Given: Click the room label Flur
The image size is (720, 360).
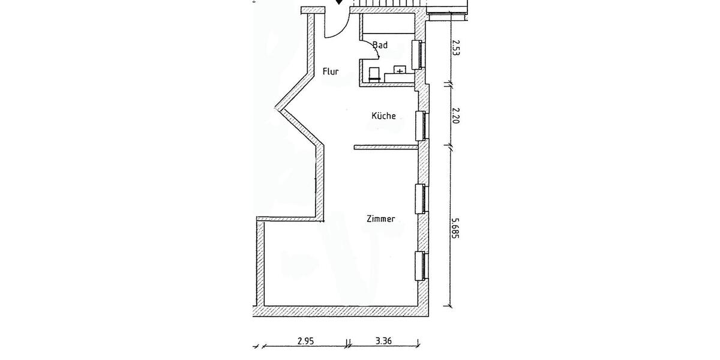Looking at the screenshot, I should pyautogui.click(x=331, y=71).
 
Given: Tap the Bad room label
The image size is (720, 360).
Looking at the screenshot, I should pyautogui.click(x=380, y=45).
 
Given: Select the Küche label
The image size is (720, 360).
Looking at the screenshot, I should pyautogui.click(x=383, y=116).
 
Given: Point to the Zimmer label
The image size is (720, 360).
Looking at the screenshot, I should pyautogui.click(x=381, y=219).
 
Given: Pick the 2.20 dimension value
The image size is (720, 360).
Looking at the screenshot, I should pyautogui.click(x=455, y=115).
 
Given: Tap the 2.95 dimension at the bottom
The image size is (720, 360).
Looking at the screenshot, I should pyautogui.click(x=305, y=341).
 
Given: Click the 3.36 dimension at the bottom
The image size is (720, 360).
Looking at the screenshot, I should pyautogui.click(x=383, y=341).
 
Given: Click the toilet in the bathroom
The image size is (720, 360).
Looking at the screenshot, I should pyautogui.click(x=374, y=74).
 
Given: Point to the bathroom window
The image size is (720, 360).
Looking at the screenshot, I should pyautogui.click(x=417, y=55).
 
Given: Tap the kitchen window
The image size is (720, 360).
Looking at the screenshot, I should pyautogui.click(x=421, y=125).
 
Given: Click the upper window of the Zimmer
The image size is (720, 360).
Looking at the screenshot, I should pyautogui.click(x=421, y=198).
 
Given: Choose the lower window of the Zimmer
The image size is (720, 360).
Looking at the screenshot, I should pyautogui.click(x=421, y=265).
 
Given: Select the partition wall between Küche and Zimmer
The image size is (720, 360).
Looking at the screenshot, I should pyautogui.click(x=385, y=146).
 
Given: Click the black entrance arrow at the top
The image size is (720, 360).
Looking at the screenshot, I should pyautogui.click(x=340, y=2).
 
